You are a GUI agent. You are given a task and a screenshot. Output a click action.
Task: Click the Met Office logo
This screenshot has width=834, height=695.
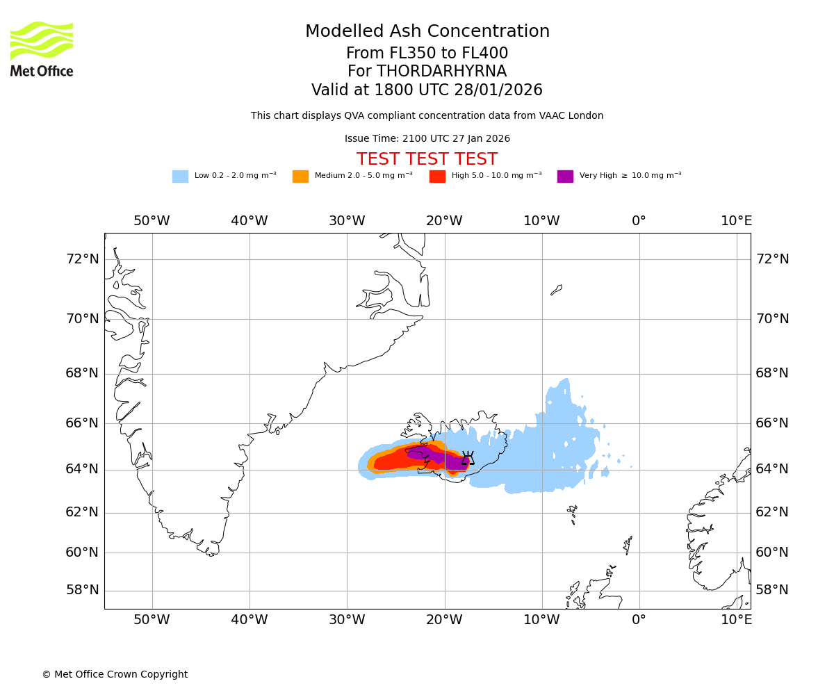pyautogui.click(x=42, y=49)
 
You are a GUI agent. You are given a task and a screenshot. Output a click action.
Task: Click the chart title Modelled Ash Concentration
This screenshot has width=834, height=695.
pyautogui.click(x=427, y=32)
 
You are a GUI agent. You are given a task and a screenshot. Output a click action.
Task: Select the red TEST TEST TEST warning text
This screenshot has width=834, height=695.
pyautogui.click(x=427, y=159)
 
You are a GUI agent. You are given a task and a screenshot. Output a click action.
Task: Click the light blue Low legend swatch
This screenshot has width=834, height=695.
pyautogui.click(x=180, y=176)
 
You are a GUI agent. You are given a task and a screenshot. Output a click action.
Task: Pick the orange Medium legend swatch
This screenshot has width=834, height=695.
pyautogui.click(x=300, y=176)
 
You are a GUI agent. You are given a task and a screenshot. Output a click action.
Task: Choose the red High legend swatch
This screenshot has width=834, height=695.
pyautogui.click(x=437, y=176)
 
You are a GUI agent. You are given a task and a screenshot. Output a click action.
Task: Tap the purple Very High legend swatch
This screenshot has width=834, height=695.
pyautogui.click(x=565, y=176)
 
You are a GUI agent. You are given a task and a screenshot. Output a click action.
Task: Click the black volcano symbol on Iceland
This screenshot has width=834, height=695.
pyautogui.click(x=468, y=458)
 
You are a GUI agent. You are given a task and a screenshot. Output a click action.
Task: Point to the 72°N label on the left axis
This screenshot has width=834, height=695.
pyautogui.click(x=82, y=259)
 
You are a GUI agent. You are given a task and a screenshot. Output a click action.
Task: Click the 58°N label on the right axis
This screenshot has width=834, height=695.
pyautogui.click(x=772, y=590)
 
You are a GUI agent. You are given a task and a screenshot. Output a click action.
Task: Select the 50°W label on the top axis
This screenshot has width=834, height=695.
pyautogui.click(x=152, y=221)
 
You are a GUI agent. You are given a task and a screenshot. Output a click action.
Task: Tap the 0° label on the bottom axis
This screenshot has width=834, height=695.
pyautogui.click(x=639, y=619)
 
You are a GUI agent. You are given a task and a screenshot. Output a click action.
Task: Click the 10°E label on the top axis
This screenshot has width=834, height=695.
pyautogui.click(x=736, y=221)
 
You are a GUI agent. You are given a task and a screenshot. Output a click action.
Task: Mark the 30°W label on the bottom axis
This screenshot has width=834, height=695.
pyautogui.click(x=347, y=619)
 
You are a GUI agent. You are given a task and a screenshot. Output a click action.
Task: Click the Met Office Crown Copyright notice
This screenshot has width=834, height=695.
pyautogui.click(x=115, y=674)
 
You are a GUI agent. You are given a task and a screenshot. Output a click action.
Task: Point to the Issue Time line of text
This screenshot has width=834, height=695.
pyautogui.click(x=427, y=139)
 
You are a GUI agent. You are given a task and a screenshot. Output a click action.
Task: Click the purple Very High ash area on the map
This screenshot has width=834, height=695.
pyautogui.click(x=445, y=458)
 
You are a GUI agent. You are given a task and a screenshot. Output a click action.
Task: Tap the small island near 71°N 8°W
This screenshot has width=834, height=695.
pyautogui.click(x=556, y=289)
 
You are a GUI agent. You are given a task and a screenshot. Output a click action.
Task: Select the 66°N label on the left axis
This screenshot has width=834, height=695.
pyautogui.click(x=82, y=423)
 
